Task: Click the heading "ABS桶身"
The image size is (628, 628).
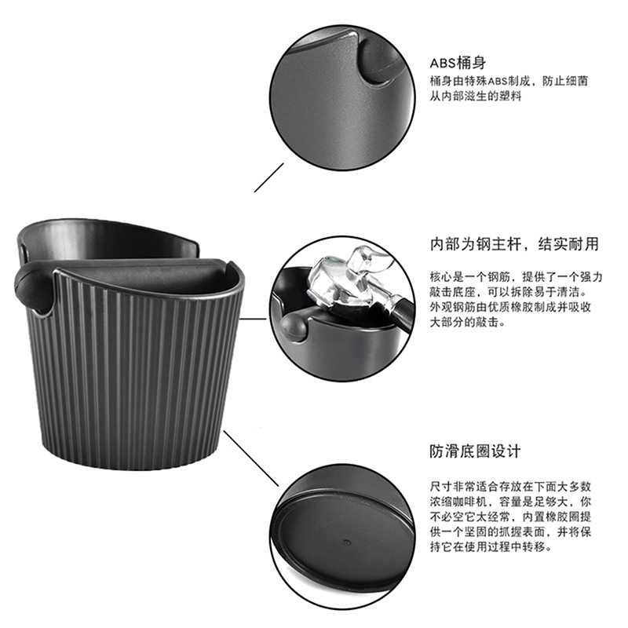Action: click(458, 63)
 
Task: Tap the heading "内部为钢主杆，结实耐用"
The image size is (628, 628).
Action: click(514, 244)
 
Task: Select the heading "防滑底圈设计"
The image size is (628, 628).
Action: click(475, 451)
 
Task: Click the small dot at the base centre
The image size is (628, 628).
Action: click(347, 542)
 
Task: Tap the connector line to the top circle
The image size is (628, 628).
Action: click(268, 177)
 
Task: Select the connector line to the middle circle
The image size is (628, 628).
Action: click(253, 319)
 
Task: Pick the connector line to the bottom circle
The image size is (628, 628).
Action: click(250, 458)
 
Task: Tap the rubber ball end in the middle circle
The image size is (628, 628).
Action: click(293, 327)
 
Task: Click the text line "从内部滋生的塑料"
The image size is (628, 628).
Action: click(476, 96)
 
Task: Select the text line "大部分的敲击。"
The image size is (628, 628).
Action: click(468, 322)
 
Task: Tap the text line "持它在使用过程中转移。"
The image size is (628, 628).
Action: click(491, 546)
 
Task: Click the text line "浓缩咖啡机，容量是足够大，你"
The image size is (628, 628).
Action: click(511, 502)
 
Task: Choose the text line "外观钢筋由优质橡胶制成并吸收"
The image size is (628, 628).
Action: click(511, 307)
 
